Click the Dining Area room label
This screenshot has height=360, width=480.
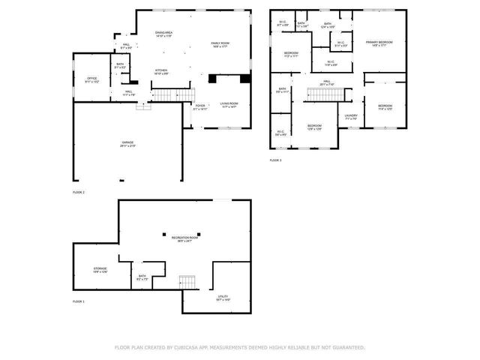pos(163,34)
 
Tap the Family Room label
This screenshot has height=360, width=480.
pos(220,45)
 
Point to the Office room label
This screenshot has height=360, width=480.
pos(91,79)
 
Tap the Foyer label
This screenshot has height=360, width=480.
pos(200,106)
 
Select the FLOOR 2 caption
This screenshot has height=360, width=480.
pos(78,193)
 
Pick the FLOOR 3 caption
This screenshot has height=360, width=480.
pos(275,160)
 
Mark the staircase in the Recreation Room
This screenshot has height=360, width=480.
pos(187,282)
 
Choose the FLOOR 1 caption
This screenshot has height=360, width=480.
pos(78,301)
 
